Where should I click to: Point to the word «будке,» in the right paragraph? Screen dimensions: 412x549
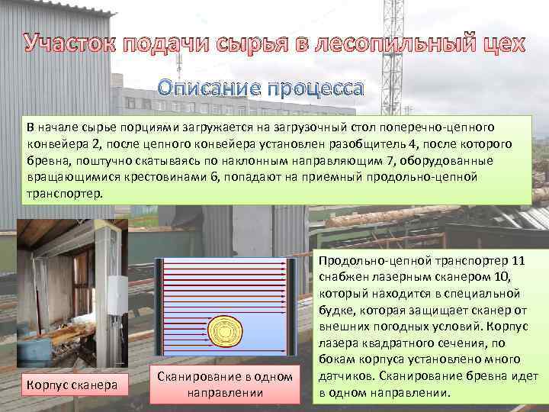click(344, 311)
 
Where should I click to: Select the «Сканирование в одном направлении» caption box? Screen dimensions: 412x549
click(224, 385)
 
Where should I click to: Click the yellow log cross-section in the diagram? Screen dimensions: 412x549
click(225, 332)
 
